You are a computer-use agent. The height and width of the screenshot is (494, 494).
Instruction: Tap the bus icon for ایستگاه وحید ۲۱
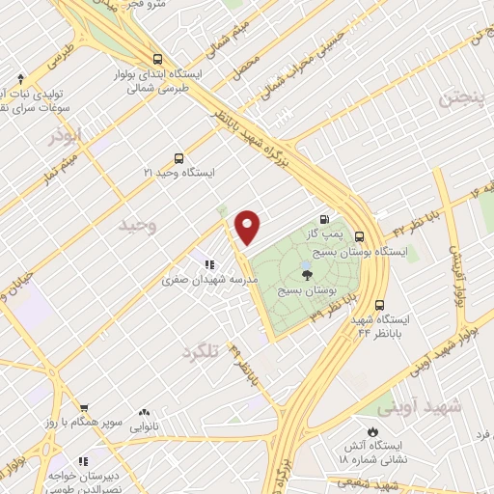(x=178, y=158)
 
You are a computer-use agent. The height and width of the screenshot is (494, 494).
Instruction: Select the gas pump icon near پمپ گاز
(x=335, y=220)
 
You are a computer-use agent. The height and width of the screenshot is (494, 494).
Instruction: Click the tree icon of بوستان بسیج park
(x=307, y=274)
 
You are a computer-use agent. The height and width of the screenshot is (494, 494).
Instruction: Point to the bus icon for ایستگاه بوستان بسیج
(x=359, y=236)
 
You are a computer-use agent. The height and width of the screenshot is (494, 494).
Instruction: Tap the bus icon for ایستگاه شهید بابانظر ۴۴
(x=380, y=304)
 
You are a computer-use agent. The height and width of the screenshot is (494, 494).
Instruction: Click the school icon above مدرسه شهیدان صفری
(x=207, y=263)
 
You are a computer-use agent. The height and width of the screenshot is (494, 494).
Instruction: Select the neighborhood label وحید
(x=136, y=225)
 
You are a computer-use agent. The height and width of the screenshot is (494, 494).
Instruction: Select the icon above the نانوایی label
(x=144, y=412)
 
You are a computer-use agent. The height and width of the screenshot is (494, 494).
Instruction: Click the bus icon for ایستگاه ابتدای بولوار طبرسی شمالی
(x=157, y=58)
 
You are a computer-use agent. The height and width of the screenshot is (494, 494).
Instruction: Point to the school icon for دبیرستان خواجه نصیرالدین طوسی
(x=84, y=461)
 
